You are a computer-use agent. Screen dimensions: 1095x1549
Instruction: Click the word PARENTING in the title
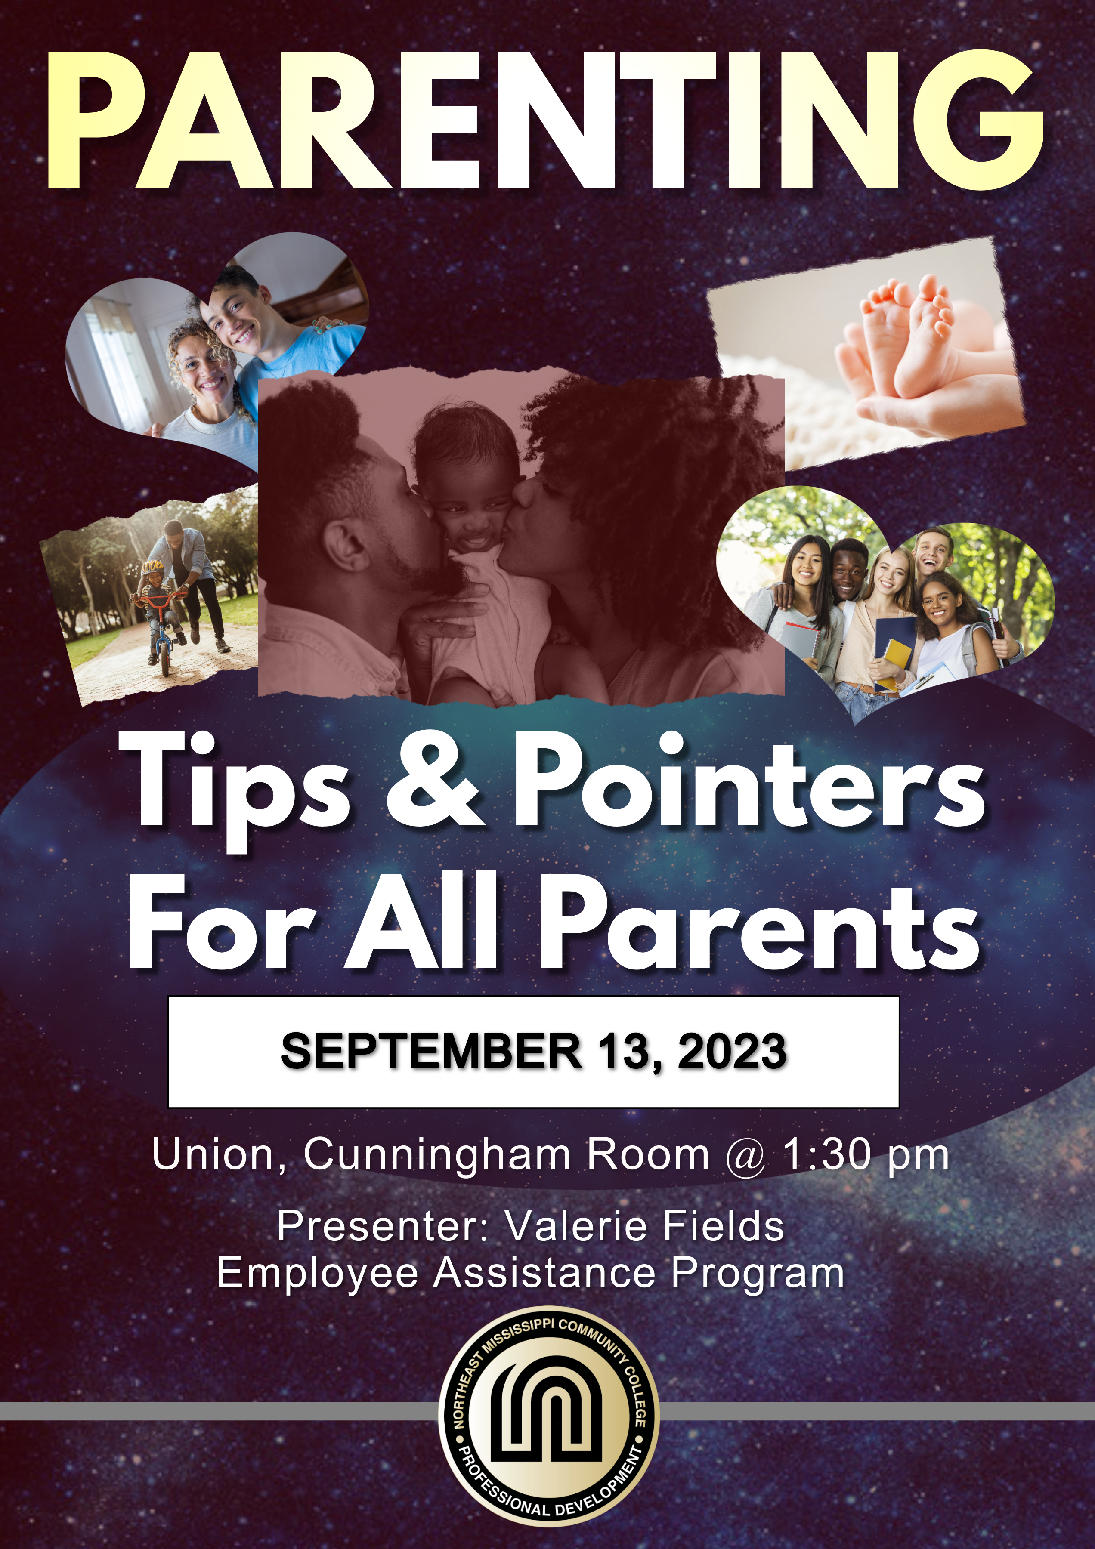tap(545, 120)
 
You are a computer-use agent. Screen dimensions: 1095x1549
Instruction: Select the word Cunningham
tap(437, 1156)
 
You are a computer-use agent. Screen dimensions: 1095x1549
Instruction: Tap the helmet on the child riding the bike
tap(152, 566)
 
